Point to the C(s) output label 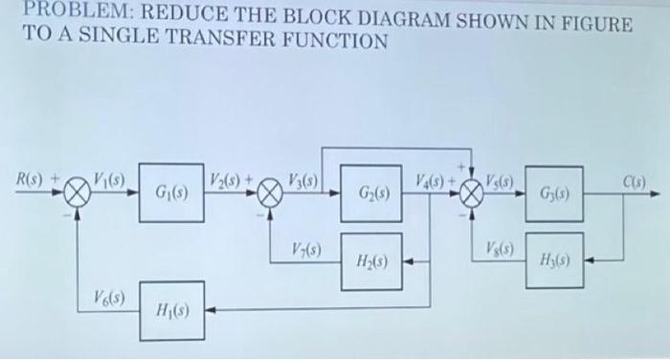(636, 179)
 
